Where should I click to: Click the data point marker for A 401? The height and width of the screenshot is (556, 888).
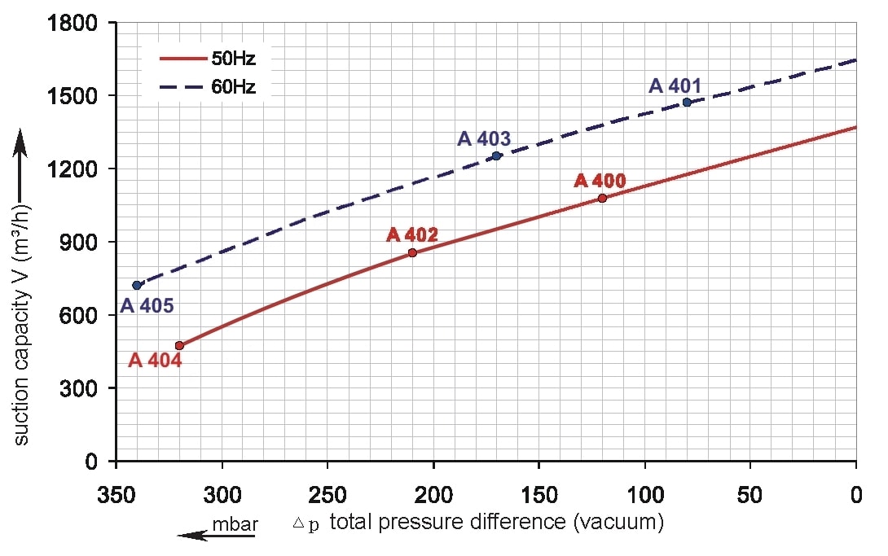[x=687, y=102]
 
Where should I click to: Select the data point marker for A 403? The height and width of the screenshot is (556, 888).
[x=496, y=155]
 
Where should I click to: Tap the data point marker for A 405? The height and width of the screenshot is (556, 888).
[x=137, y=285]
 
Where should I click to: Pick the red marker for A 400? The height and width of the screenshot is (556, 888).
[x=602, y=198]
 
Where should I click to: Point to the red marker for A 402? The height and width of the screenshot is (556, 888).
[x=412, y=252]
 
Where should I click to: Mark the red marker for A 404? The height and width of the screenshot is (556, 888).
[x=179, y=345]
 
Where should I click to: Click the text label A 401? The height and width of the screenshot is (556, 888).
[x=675, y=85]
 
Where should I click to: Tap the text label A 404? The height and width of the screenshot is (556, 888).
[x=155, y=360]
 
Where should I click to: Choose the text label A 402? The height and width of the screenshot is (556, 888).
[x=412, y=235]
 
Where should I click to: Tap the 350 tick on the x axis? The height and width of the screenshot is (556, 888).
[x=116, y=494]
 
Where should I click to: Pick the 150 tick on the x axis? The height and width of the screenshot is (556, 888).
[x=539, y=494]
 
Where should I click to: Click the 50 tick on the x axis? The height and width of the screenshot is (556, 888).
[x=750, y=494]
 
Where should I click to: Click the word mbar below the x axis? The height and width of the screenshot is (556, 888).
[x=235, y=524]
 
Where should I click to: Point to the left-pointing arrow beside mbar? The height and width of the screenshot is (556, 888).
[x=193, y=535]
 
